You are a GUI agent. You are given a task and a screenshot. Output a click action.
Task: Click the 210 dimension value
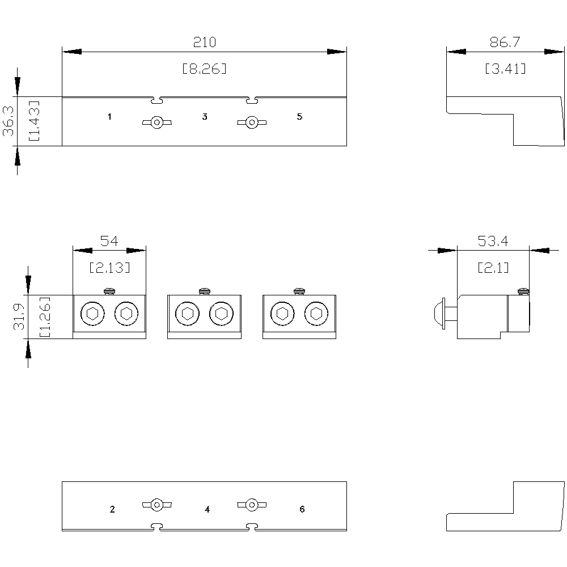pos(204,42)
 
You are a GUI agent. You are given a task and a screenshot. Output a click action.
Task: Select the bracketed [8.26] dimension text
pos(204,69)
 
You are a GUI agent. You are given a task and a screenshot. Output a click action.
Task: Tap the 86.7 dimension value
pos(505,42)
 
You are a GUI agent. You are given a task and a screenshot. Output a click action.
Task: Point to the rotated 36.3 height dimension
pos(9,121)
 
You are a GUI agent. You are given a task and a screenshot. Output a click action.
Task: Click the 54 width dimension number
pos(109,241)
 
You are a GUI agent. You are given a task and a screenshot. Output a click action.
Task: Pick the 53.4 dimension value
pos(493,241)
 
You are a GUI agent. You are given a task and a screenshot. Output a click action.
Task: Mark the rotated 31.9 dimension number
pos(19,317)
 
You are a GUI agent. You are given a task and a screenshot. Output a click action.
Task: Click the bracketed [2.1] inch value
pos(493,268)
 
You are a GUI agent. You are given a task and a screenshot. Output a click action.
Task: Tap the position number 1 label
pos(109,116)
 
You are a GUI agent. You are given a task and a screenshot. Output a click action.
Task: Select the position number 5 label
pos(299,116)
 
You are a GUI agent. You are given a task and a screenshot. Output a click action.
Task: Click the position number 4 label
pos(207,509)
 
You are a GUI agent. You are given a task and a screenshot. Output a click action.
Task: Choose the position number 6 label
pos(302,509)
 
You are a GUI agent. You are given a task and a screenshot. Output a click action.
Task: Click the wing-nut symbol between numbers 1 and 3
pos(157,122)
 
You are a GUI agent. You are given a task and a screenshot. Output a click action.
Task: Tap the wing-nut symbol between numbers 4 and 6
pos(252,505)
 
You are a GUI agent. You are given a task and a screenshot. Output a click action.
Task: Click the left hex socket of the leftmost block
pos(92,314)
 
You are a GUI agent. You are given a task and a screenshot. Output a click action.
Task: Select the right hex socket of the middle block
pos(221,314)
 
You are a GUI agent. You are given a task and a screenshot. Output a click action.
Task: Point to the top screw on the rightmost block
pos(299,291)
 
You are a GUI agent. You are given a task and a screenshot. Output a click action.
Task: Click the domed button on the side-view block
pos(440,314)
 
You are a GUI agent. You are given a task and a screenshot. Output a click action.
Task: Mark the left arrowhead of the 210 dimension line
pos(72,52)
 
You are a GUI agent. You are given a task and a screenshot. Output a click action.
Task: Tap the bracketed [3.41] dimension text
pos(505,69)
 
